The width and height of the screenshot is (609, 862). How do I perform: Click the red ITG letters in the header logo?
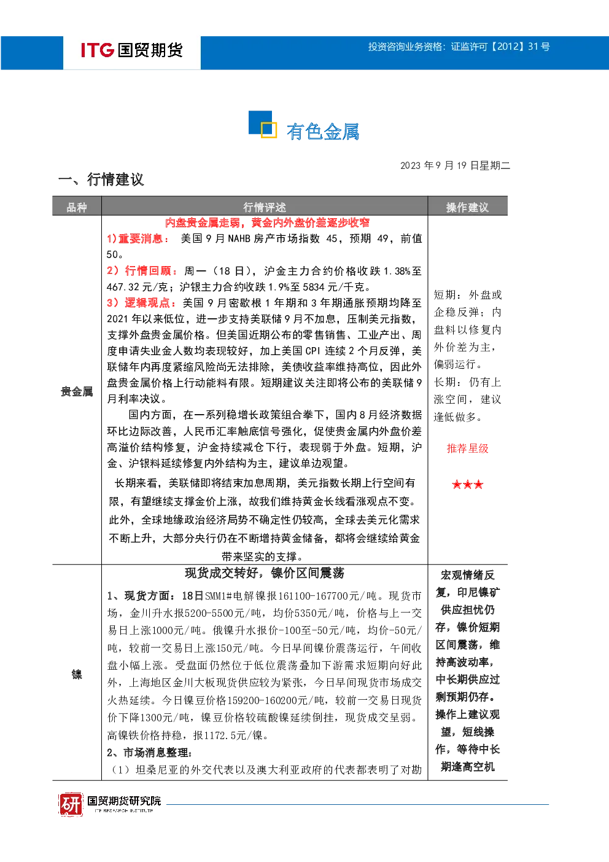click(97, 50)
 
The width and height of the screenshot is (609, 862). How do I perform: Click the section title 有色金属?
click(322, 131)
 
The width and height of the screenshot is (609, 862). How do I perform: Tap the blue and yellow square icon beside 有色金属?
click(263, 124)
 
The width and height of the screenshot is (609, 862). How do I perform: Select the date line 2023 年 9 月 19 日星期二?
click(455, 165)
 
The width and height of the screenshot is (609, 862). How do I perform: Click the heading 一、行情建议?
click(101, 179)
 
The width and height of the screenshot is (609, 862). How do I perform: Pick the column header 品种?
click(77, 208)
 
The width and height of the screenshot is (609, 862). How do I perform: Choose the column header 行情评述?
click(265, 208)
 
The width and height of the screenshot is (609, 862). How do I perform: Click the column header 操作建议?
click(467, 208)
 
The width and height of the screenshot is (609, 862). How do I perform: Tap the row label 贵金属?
click(77, 392)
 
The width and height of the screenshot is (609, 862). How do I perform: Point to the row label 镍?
click(77, 675)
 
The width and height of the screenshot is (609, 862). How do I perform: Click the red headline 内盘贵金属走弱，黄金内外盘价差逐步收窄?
click(267, 222)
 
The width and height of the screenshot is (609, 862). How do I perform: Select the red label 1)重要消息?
click(138, 238)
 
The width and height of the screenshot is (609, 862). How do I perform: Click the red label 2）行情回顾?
click(141, 271)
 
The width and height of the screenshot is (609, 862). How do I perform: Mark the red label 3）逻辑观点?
click(141, 303)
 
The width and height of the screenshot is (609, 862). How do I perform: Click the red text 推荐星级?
click(468, 449)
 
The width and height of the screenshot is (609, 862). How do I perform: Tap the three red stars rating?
click(468, 484)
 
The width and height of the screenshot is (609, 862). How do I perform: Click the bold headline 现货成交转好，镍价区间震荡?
click(265, 573)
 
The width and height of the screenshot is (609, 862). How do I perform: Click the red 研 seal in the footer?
click(71, 804)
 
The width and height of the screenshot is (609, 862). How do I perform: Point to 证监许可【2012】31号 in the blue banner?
click(500, 47)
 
